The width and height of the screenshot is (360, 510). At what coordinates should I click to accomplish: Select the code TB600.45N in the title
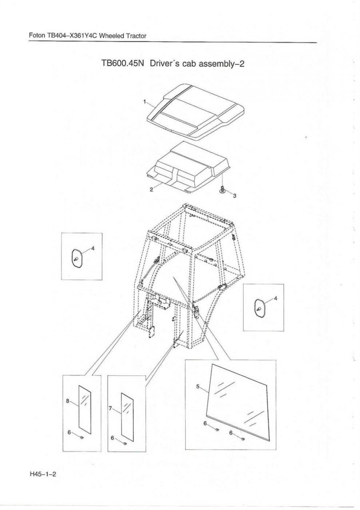(123, 63)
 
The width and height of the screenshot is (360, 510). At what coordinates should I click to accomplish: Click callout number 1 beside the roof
(144, 102)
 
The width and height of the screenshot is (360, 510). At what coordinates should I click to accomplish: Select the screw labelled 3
(222, 189)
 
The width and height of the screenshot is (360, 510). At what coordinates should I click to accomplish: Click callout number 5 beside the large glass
(198, 387)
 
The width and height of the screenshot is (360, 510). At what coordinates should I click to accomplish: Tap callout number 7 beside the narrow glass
(110, 409)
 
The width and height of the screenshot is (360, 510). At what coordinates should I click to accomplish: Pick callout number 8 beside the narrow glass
(68, 401)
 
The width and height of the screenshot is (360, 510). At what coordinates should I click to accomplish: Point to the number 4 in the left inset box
(92, 248)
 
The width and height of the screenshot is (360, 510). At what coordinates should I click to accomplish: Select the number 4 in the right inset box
(276, 298)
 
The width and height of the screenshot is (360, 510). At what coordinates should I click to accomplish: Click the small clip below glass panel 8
(82, 438)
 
